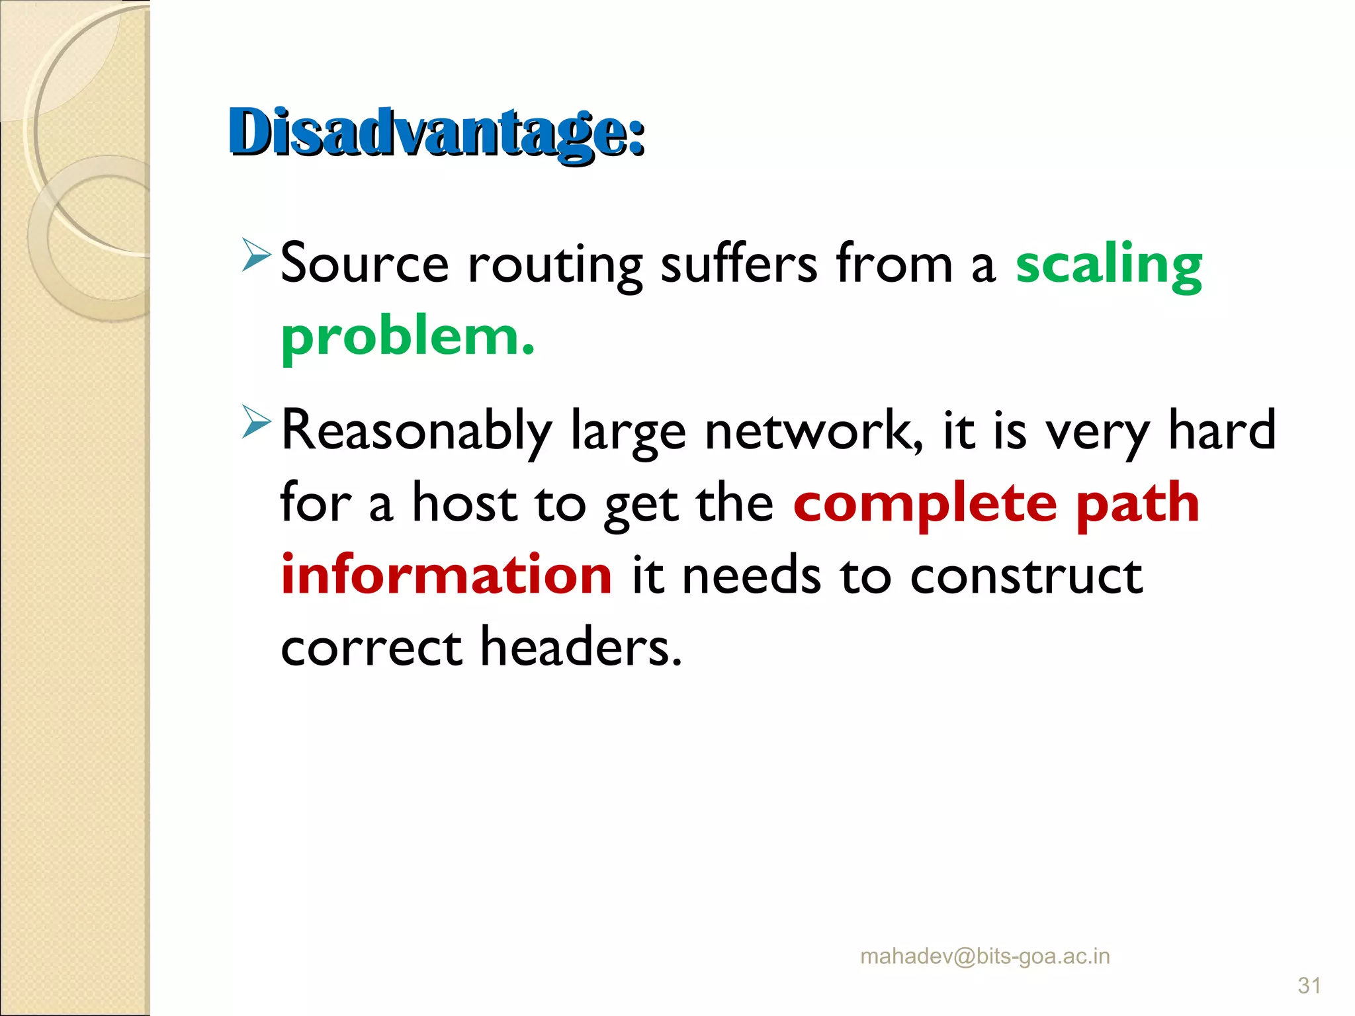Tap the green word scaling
coord(1109,265)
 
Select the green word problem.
coord(407,337)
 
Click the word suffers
coord(739,265)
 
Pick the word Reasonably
coord(416,431)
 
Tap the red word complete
coord(925,504)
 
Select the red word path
coord(1137,504)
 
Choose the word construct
coord(1026,575)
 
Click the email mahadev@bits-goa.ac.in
coord(984,956)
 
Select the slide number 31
coord(1309,986)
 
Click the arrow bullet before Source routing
coord(256,255)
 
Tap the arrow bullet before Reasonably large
coord(256,421)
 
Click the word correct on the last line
coord(371,648)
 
